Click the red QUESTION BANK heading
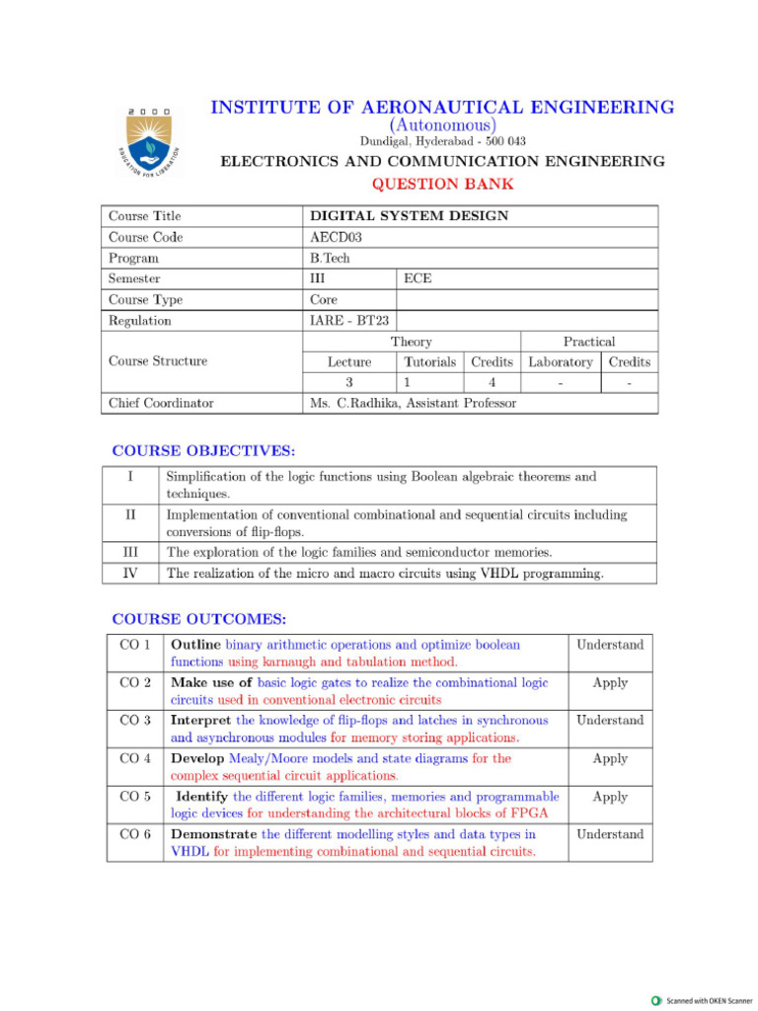pyautogui.click(x=442, y=184)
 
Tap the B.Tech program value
pyautogui.click(x=331, y=258)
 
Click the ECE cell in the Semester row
pyautogui.click(x=417, y=278)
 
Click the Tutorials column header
pyautogui.click(x=430, y=362)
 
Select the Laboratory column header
pyautogui.click(x=561, y=362)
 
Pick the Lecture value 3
pyautogui.click(x=348, y=382)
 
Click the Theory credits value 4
pyautogui.click(x=492, y=382)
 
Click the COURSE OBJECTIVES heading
pyautogui.click(x=203, y=451)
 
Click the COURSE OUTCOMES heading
pyautogui.click(x=199, y=620)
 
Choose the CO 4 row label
pyautogui.click(x=134, y=759)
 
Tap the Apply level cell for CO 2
pyautogui.click(x=610, y=682)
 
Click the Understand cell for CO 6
pyautogui.click(x=610, y=834)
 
